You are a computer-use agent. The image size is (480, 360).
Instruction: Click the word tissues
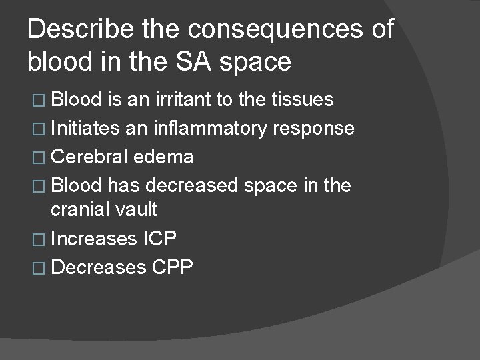click(303, 100)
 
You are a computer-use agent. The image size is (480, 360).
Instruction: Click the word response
click(313, 128)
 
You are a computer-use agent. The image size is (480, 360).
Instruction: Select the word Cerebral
click(89, 157)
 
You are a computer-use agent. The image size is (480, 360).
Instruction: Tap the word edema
click(163, 157)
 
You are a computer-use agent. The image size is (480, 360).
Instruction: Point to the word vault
click(138, 209)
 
